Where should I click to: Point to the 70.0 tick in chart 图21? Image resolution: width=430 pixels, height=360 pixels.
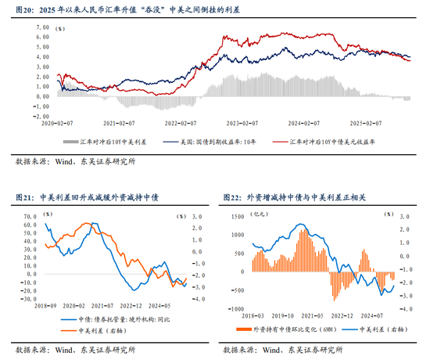coord(30,217)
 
